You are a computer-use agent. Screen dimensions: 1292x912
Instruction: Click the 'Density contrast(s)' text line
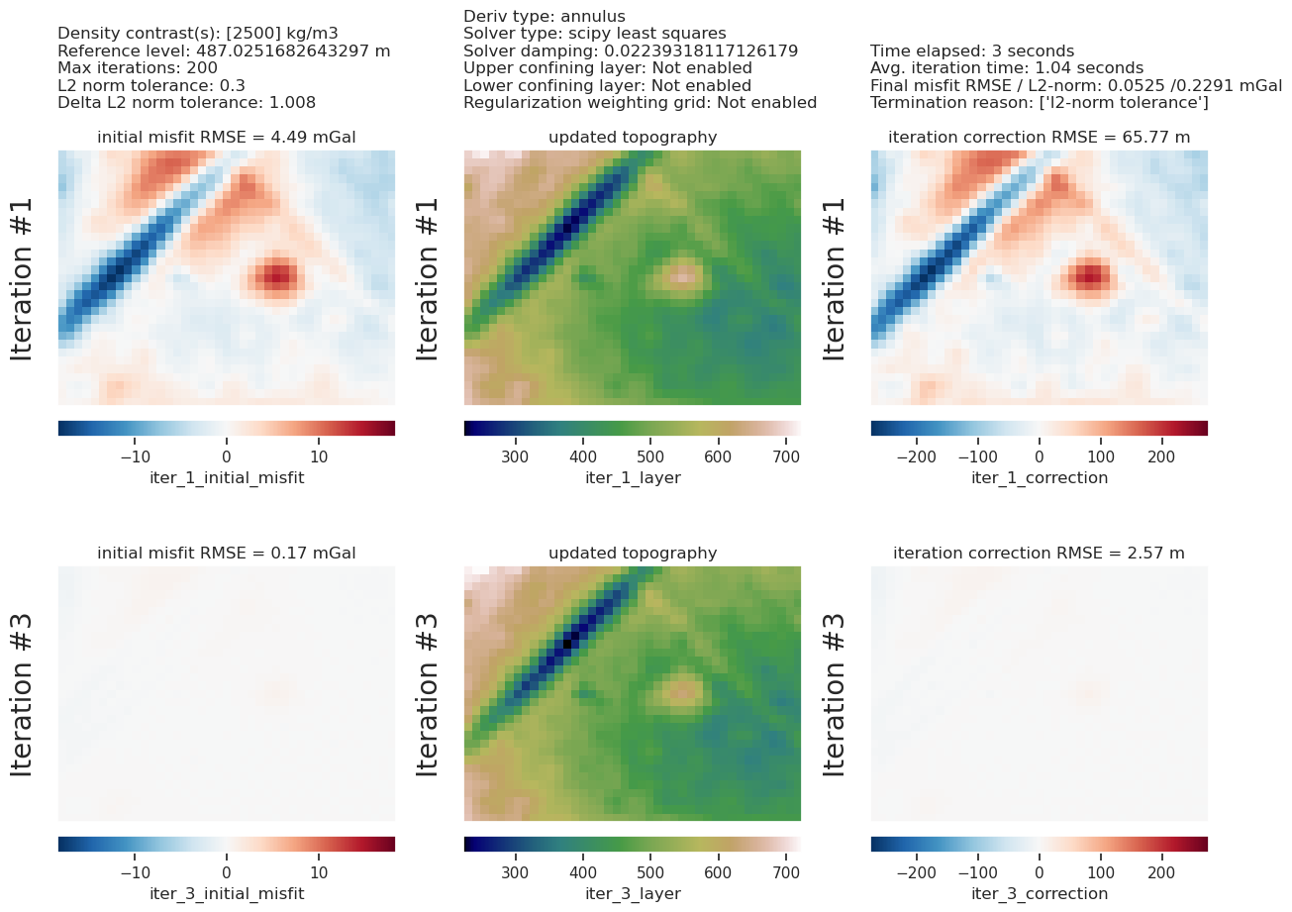pyautogui.click(x=198, y=34)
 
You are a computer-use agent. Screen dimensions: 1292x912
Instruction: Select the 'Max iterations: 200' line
pyautogui.click(x=138, y=68)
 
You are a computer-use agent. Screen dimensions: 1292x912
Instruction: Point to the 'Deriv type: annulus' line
pyautogui.click(x=545, y=16)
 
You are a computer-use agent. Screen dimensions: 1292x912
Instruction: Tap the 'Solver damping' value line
pyautogui.click(x=631, y=51)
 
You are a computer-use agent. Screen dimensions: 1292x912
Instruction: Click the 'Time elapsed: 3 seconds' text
pyautogui.click(x=972, y=51)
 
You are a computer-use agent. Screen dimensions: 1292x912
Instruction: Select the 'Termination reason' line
pyautogui.click(x=1040, y=103)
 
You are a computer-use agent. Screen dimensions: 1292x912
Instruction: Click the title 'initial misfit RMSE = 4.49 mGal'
pyautogui.click(x=226, y=138)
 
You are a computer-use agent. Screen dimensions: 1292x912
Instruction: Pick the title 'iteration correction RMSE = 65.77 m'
pyautogui.click(x=1039, y=138)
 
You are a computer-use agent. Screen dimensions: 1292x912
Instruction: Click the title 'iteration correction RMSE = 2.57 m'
pyautogui.click(x=1039, y=554)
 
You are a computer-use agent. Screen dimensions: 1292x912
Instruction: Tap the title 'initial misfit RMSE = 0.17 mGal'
pyautogui.click(x=226, y=554)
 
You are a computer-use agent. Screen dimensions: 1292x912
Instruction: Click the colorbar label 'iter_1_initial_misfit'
pyautogui.click(x=227, y=478)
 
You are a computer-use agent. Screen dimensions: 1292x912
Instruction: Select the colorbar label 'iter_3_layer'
pyautogui.click(x=633, y=894)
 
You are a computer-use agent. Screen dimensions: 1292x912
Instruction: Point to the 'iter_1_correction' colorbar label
pyautogui.click(x=1040, y=478)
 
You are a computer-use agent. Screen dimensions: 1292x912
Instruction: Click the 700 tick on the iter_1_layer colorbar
pyautogui.click(x=786, y=456)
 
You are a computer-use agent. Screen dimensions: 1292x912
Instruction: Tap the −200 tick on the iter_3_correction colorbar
pyautogui.click(x=917, y=872)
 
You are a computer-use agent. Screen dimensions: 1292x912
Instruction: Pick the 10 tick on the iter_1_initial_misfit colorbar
pyautogui.click(x=319, y=456)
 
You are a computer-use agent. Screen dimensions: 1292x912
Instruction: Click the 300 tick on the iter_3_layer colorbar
pyautogui.click(x=515, y=872)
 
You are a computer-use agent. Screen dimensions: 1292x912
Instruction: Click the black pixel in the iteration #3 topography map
pyautogui.click(x=567, y=644)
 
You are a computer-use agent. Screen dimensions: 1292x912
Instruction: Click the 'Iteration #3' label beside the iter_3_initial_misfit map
pyautogui.click(x=22, y=694)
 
